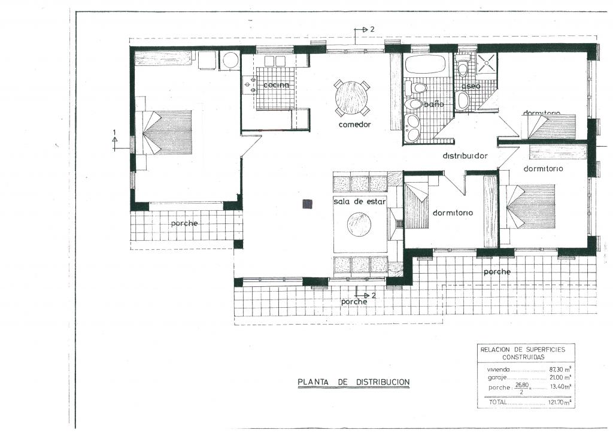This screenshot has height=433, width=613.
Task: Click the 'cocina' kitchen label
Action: [x=276, y=85]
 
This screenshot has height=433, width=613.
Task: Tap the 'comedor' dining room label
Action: [x=354, y=125]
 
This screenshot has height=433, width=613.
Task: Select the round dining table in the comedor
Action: [x=351, y=98]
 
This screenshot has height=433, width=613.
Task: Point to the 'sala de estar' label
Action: [x=359, y=202]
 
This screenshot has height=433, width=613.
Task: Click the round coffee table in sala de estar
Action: [x=359, y=225]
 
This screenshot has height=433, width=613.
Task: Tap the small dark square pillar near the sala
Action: [x=308, y=204]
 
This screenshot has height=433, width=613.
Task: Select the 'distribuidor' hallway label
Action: [x=465, y=156]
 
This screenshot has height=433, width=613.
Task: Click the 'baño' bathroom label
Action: [x=434, y=104]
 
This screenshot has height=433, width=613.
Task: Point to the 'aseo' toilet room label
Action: [x=471, y=86]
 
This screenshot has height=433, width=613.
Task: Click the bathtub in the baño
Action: [x=426, y=64]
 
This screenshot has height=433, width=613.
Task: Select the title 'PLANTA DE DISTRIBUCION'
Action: [x=353, y=381]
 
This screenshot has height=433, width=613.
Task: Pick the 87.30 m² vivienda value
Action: [x=560, y=369]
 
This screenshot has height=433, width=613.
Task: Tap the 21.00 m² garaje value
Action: [x=560, y=377]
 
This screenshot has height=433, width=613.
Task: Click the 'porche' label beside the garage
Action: [x=184, y=223]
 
